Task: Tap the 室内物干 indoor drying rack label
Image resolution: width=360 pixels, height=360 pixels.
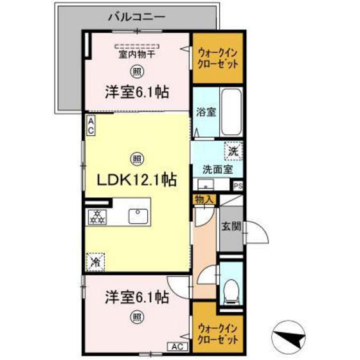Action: (x=136, y=55)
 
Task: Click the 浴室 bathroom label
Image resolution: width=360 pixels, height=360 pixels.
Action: (x=206, y=111)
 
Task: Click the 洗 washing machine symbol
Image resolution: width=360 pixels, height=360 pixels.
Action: (x=233, y=152)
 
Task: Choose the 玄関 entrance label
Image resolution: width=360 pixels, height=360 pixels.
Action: (x=231, y=226)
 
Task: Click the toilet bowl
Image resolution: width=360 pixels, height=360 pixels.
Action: (x=230, y=292)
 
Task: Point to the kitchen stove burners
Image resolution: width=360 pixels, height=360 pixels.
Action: (x=98, y=217)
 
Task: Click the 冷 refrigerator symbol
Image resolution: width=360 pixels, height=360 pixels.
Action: (x=95, y=262)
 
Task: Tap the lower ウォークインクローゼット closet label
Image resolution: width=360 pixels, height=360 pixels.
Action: (x=219, y=332)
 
